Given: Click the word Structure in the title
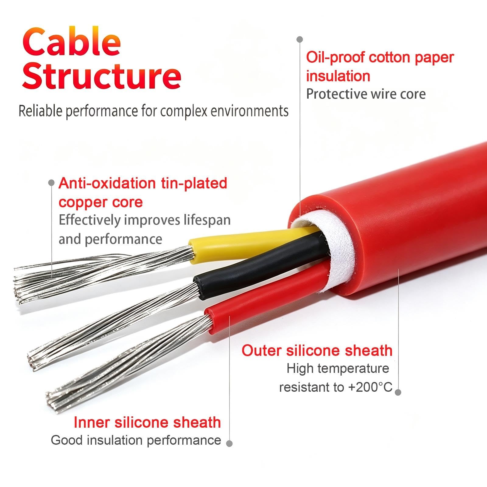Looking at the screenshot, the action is click(102, 75).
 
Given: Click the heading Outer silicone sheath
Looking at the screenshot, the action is click(317, 350).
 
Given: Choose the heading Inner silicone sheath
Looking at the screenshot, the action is click(147, 422).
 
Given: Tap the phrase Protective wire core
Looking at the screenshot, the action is click(366, 94).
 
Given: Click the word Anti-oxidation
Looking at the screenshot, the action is click(107, 183).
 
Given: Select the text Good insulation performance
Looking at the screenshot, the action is click(136, 440).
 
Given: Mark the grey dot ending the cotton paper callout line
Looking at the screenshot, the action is click(300, 39).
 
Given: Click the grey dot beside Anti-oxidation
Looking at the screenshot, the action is click(51, 183).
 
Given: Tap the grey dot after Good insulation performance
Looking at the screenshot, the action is click(229, 443).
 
